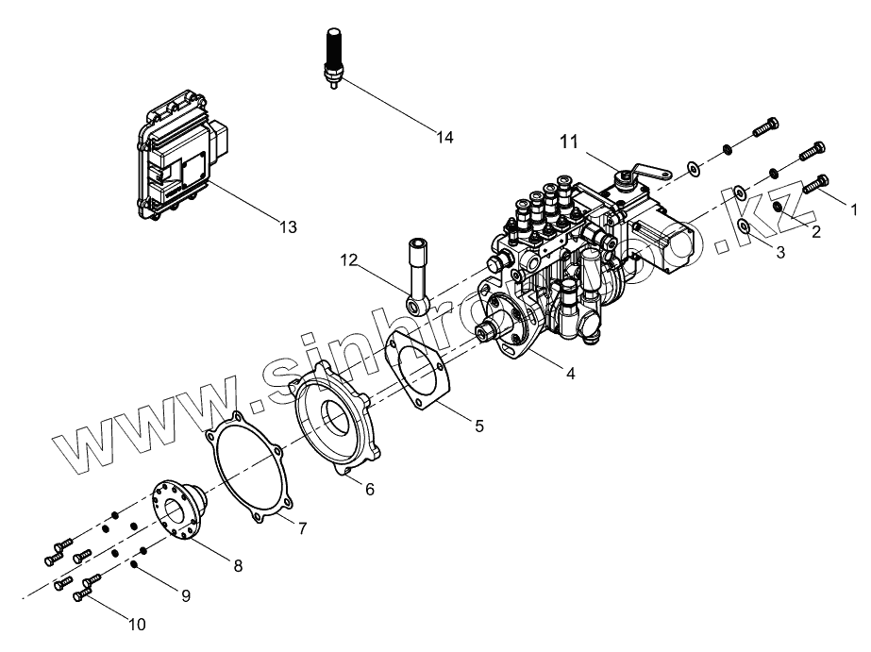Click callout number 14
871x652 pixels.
point(444,138)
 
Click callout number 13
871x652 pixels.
point(288,227)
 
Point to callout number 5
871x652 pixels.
point(479,426)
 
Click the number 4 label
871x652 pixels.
point(570,373)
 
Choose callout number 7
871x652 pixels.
point(302,528)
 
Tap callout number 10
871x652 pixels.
point(137,625)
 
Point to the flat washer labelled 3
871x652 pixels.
point(745,226)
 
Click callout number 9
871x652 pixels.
point(186,595)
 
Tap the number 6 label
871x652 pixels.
point(370,489)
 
